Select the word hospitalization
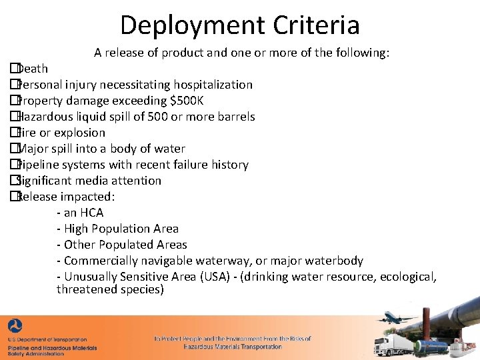tap(213, 85)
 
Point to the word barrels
tap(234, 117)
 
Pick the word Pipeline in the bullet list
tap(39, 165)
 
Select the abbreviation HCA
tap(91, 213)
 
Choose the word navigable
tap(165, 261)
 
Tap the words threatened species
tap(110, 289)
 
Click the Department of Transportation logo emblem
tap(15, 328)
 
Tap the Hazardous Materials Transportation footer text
tap(233, 347)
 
